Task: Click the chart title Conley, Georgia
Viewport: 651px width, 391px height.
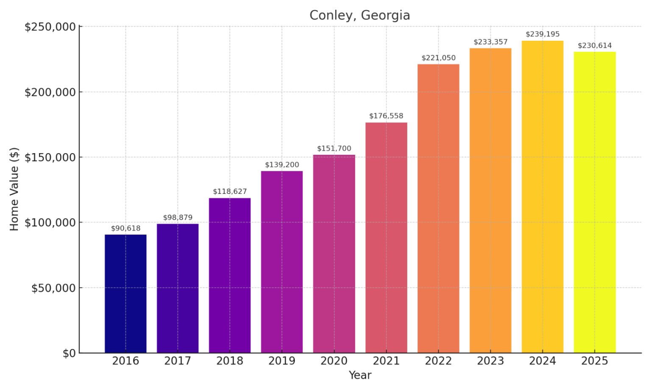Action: pyautogui.click(x=359, y=15)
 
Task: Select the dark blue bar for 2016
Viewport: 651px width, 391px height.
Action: pyautogui.click(x=125, y=293)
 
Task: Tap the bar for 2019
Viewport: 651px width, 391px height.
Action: pyautogui.click(x=282, y=262)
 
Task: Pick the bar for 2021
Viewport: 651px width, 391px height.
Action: pyautogui.click(x=386, y=237)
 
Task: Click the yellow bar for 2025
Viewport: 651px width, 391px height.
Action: pyautogui.click(x=595, y=202)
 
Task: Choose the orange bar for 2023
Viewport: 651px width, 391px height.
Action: pyautogui.click(x=490, y=200)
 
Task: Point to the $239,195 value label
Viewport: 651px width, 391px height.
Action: pyautogui.click(x=542, y=34)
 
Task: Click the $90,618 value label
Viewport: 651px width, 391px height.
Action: pyautogui.click(x=125, y=228)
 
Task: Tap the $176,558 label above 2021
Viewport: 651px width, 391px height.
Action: pyautogui.click(x=386, y=116)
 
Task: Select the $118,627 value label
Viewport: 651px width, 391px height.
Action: pyautogui.click(x=230, y=191)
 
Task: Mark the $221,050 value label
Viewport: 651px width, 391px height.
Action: pyautogui.click(x=438, y=58)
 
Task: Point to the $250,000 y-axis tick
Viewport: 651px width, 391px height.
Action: pyautogui.click(x=50, y=27)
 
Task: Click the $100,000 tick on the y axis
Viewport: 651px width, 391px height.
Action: pyautogui.click(x=50, y=223)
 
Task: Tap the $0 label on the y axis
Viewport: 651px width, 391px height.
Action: pyautogui.click(x=69, y=353)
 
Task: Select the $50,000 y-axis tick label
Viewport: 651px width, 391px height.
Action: pyautogui.click(x=53, y=288)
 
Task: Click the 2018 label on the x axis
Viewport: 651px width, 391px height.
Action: pyautogui.click(x=230, y=361)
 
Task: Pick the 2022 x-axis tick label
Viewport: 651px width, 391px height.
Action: pyautogui.click(x=438, y=361)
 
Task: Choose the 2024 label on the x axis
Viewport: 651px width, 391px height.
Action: pyautogui.click(x=542, y=361)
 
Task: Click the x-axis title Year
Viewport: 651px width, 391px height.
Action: pyautogui.click(x=360, y=375)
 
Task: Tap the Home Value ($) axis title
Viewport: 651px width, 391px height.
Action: pyautogui.click(x=14, y=189)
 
